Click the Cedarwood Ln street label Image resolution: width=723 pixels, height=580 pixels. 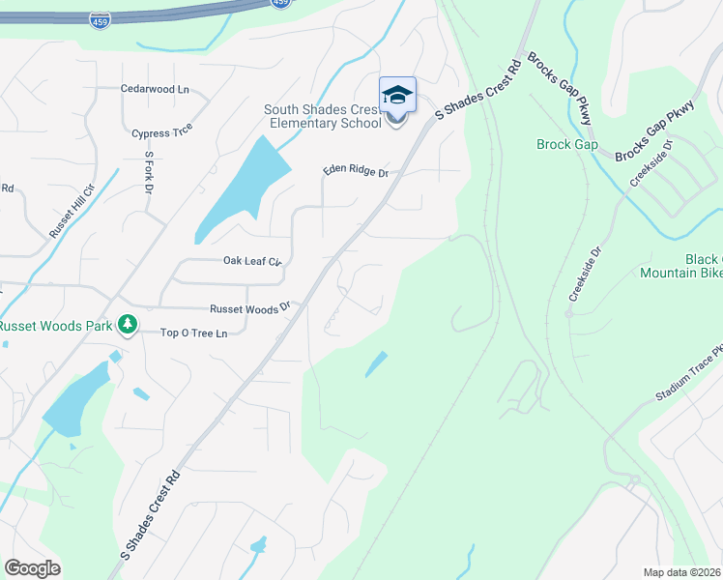coord(155,89)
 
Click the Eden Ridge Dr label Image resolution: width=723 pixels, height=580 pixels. coord(355,173)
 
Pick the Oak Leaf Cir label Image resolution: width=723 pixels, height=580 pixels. coord(251,261)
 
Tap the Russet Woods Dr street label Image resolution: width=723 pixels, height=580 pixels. coord(250,309)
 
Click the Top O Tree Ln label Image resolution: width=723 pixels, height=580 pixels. coord(193,333)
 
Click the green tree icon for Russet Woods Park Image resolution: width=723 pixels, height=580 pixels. coord(127,323)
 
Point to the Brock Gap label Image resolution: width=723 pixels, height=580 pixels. coord(567,145)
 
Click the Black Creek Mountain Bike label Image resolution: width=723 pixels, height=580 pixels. coord(681,266)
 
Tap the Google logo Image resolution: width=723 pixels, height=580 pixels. coord(32,568)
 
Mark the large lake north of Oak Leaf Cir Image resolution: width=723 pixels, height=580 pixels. coord(242,188)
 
